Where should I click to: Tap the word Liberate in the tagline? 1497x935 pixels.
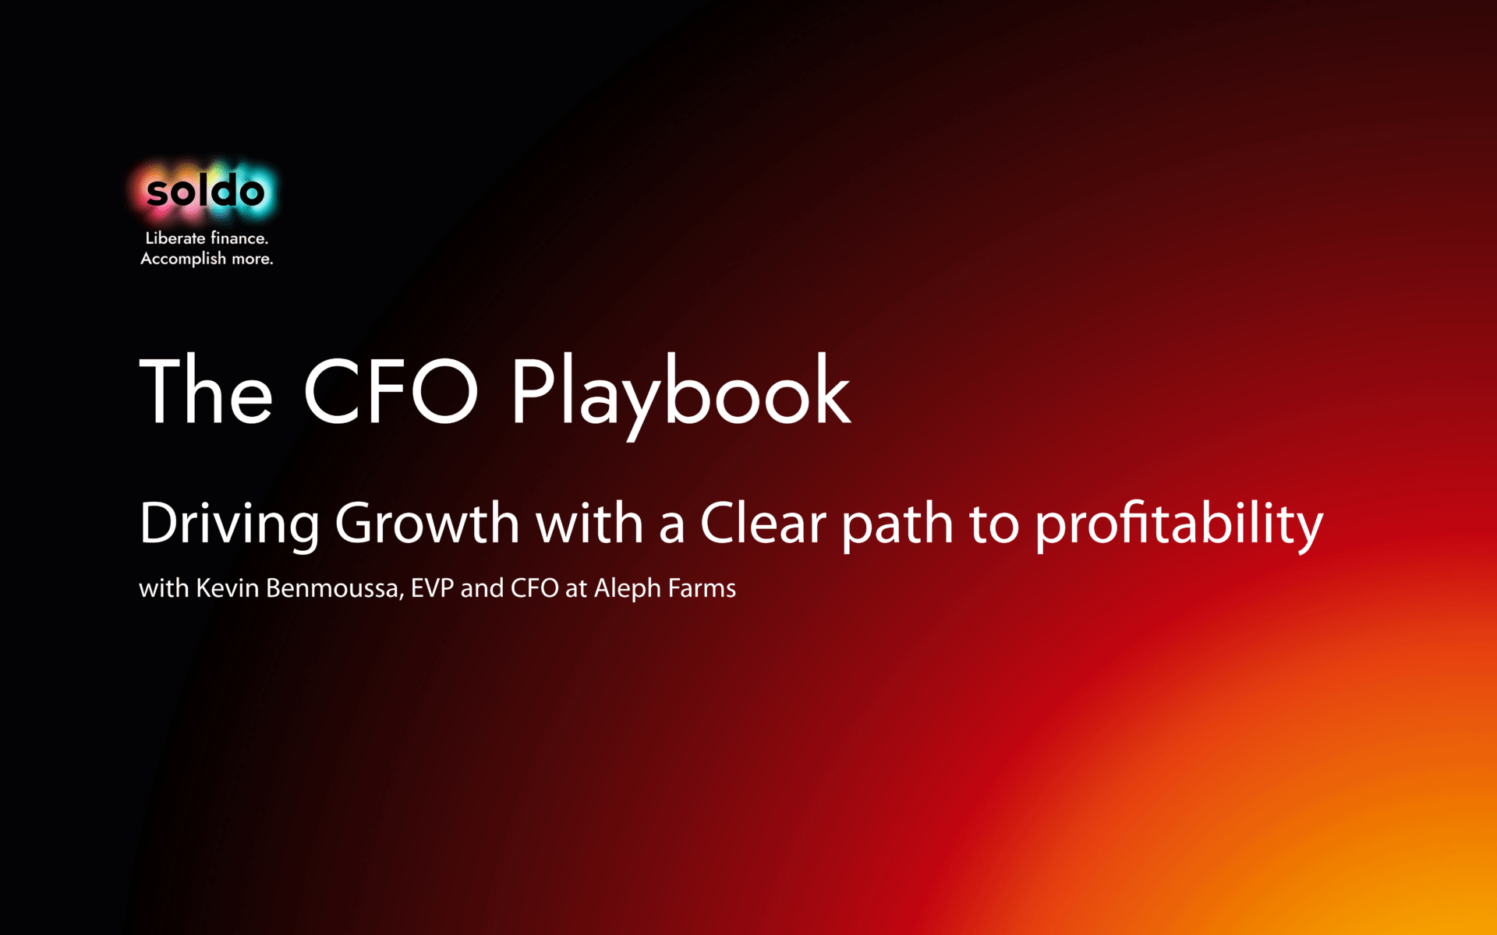(175, 238)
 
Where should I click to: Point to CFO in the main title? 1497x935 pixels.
(391, 391)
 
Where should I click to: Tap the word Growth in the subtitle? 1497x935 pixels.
(427, 523)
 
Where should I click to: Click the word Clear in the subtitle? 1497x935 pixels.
(763, 523)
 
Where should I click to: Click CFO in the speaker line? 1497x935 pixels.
(535, 587)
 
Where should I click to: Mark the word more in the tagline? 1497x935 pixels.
(253, 259)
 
